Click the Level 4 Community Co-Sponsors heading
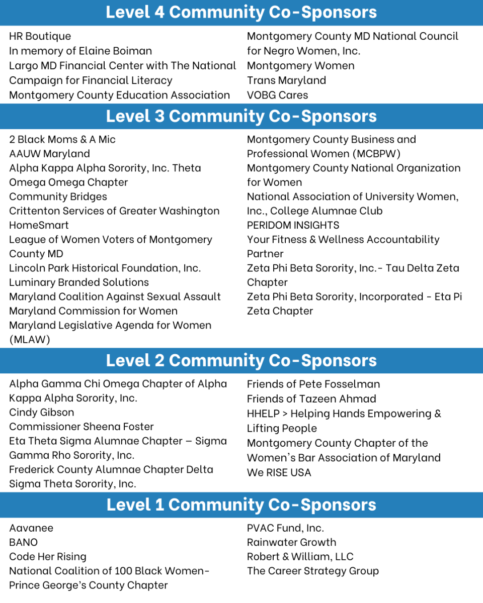tap(242, 13)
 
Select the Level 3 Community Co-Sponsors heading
tap(242, 116)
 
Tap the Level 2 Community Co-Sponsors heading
tap(242, 360)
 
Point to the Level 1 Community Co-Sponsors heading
tap(242, 505)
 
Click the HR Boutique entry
tap(40, 36)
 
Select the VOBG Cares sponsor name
tap(277, 95)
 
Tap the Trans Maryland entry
tap(286, 80)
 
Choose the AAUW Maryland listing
tap(49, 154)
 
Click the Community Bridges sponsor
tap(58, 196)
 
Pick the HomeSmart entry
tap(39, 225)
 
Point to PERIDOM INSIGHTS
tap(293, 225)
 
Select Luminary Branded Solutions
tap(79, 282)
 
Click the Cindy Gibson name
tap(41, 412)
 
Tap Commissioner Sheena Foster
tap(82, 427)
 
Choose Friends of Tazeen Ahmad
tap(311, 399)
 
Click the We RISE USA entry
tap(279, 472)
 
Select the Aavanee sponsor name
tap(31, 528)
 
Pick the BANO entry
tap(23, 542)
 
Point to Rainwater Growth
tap(291, 542)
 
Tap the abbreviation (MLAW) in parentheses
tap(30, 340)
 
